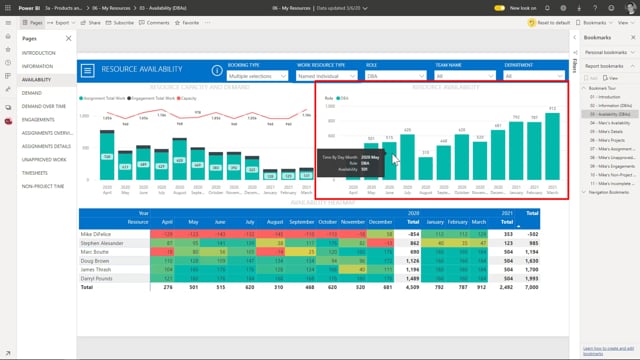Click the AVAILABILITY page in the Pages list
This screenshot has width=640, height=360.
[37, 78]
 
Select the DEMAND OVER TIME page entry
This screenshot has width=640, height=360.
[46, 104]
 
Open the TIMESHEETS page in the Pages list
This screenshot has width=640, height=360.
[37, 171]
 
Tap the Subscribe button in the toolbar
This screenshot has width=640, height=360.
[121, 21]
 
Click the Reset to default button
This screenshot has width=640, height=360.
[547, 21]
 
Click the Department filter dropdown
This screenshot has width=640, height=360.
[535, 75]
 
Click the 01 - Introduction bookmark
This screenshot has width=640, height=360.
[605, 97]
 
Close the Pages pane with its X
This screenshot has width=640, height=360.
[69, 38]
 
